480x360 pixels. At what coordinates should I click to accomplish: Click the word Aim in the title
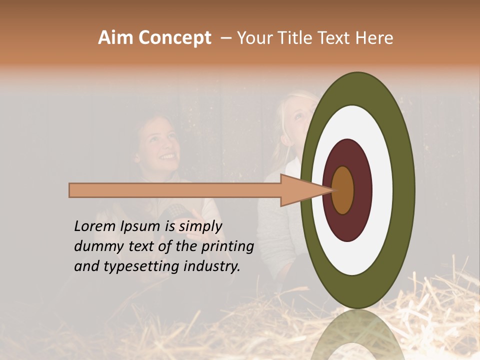tap(115, 38)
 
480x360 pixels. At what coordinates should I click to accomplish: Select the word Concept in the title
tap(174, 38)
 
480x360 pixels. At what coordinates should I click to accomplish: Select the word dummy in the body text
tap(95, 246)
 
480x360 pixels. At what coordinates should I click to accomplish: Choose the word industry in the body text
tap(212, 266)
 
